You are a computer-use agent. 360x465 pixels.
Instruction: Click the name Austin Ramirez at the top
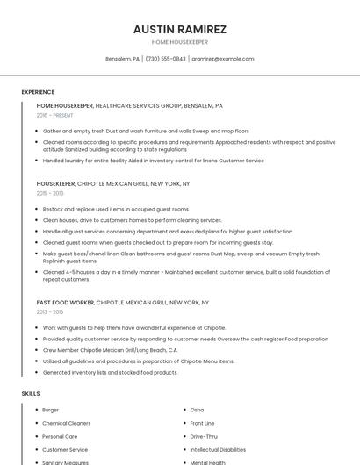(x=179, y=29)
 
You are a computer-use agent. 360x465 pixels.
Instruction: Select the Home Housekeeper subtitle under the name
(x=179, y=42)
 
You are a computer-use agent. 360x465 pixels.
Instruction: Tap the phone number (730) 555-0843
(x=165, y=59)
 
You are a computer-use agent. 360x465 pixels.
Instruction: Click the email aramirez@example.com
(x=223, y=59)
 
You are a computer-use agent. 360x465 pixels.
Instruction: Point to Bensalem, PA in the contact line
(x=122, y=59)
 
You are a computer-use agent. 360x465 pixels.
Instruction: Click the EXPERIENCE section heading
(x=38, y=92)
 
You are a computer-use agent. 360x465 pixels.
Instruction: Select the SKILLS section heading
(x=31, y=393)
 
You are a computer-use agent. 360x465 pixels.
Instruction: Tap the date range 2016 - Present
(x=54, y=115)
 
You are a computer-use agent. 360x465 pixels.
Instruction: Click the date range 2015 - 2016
(x=50, y=193)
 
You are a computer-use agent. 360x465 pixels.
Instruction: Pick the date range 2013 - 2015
(x=50, y=311)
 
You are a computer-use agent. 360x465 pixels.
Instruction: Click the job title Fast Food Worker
(x=65, y=302)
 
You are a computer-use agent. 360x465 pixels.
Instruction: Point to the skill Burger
(x=51, y=410)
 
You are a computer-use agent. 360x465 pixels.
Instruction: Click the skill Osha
(x=197, y=410)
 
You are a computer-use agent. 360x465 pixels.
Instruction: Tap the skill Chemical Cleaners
(x=67, y=423)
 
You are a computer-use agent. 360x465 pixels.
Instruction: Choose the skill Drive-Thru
(x=204, y=436)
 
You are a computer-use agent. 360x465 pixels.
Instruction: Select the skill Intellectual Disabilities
(x=218, y=449)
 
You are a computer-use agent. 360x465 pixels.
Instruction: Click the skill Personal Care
(x=60, y=436)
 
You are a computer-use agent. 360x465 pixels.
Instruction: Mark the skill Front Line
(x=202, y=423)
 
